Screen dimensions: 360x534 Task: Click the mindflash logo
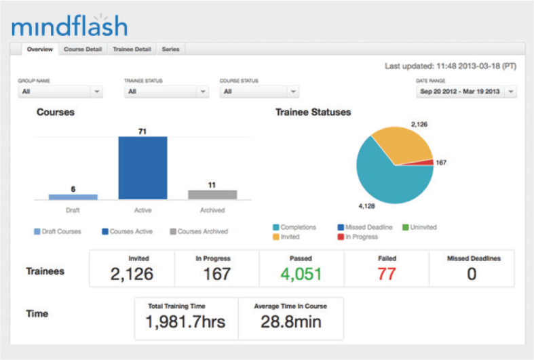point(69,26)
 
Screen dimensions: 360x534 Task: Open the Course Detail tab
point(83,49)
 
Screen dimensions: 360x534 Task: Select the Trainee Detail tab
point(132,49)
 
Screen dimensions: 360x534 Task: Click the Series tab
point(170,49)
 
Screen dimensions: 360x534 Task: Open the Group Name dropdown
point(60,92)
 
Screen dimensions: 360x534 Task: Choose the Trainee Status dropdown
point(166,92)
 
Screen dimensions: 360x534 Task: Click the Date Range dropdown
point(466,92)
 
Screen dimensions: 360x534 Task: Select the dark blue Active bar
point(142,167)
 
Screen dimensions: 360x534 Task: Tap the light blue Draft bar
point(73,197)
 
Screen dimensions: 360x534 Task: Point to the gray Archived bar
point(212,195)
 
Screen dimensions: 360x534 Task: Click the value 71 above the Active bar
point(142,129)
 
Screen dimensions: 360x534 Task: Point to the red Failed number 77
point(387,273)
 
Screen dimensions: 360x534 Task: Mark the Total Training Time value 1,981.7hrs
point(185,321)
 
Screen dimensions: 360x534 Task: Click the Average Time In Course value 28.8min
point(290,321)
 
